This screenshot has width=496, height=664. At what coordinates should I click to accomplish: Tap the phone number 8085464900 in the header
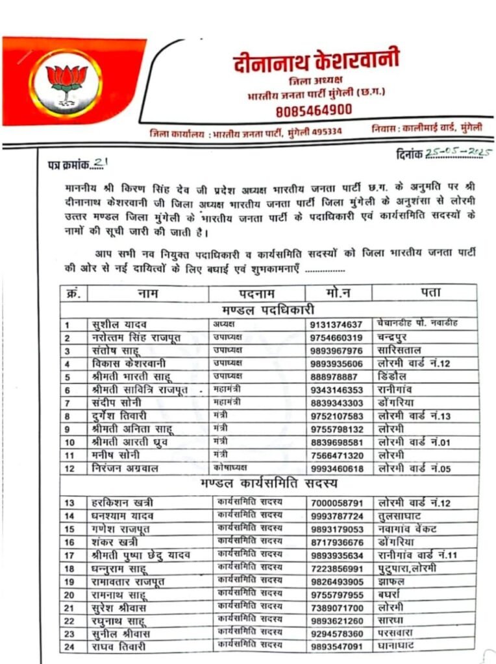[314, 110]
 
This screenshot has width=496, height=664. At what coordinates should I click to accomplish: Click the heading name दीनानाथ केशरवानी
[316, 63]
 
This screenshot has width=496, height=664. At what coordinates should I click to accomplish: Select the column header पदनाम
[256, 293]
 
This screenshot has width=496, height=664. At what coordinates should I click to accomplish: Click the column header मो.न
[338, 293]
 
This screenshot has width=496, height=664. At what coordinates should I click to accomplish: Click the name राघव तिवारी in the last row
[119, 646]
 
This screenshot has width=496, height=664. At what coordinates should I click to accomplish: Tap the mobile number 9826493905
[339, 581]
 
